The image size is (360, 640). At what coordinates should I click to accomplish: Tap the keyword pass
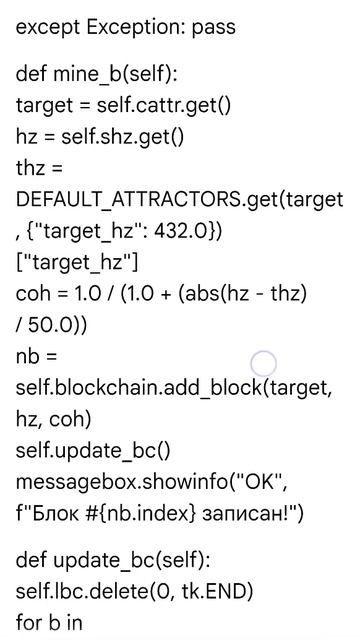pos(214,29)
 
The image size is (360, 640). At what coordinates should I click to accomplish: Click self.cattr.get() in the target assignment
pos(163,106)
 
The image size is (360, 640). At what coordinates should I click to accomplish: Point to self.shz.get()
pos(122,138)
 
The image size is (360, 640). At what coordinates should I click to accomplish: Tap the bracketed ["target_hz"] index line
pos(77,263)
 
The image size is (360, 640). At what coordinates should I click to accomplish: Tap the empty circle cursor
pos(263,363)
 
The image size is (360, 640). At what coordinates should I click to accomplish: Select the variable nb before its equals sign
pos(27,357)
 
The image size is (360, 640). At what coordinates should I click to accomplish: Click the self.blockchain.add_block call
pos(140,389)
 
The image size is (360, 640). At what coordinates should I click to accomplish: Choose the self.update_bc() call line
pos(93,451)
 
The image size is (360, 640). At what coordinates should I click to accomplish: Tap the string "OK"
pos(265,482)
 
